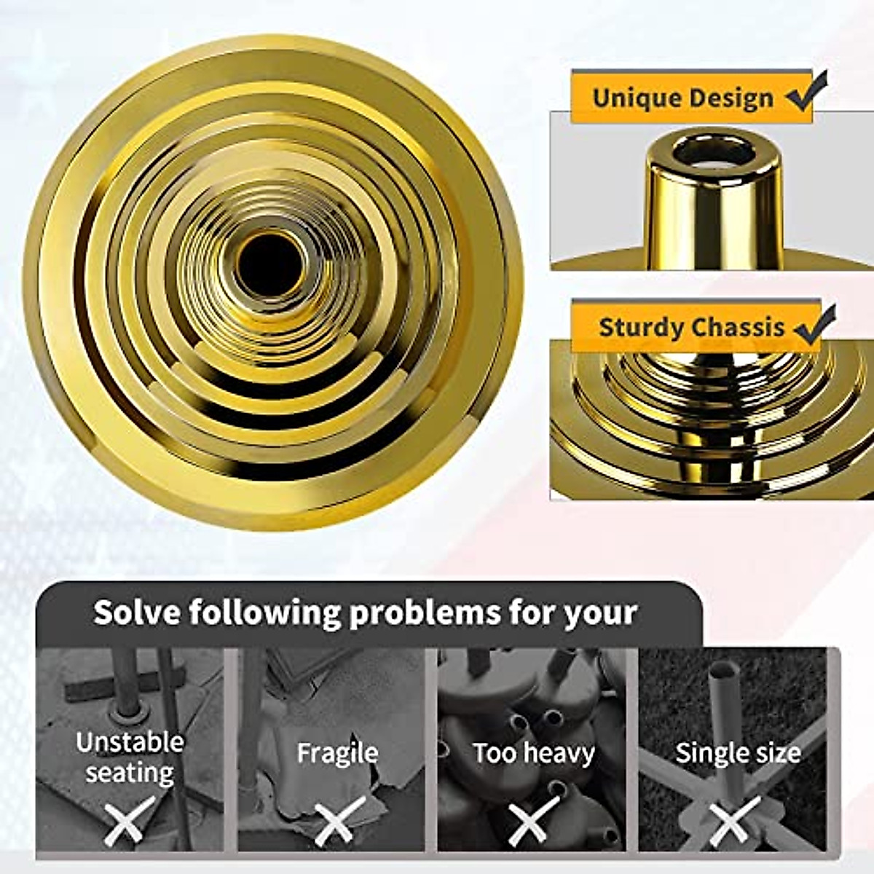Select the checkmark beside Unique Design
808,92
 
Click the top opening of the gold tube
713,151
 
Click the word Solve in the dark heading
137,613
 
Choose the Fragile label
337,753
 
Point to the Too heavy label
534,753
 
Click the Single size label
738,753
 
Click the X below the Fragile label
339,822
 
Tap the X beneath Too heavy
534,822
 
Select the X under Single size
734,822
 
